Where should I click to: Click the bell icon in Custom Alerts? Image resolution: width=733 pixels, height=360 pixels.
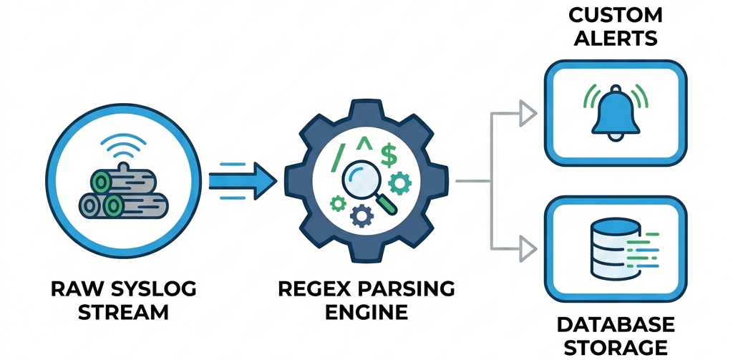tap(615, 111)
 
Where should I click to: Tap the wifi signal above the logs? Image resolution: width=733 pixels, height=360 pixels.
tap(119, 147)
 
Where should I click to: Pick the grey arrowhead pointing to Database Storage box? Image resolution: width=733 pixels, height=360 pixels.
tap(528, 248)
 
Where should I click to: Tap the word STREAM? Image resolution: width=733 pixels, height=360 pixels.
tap(123, 312)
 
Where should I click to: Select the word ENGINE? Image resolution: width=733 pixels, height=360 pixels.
tap(366, 312)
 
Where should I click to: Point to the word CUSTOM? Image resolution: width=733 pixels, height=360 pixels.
tap(615, 15)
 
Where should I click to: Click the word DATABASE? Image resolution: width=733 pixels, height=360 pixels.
tap(615, 324)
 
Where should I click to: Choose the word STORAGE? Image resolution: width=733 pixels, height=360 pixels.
tap(615, 347)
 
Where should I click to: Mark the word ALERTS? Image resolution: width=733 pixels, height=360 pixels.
tap(615, 38)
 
